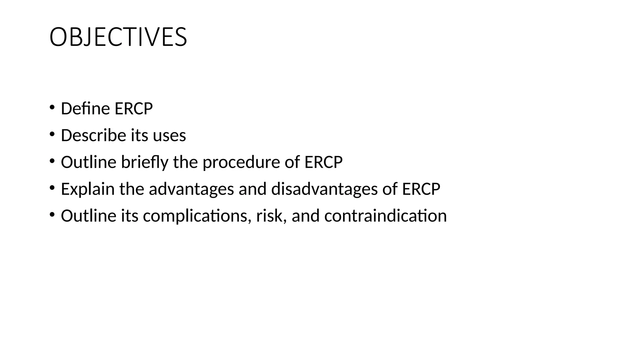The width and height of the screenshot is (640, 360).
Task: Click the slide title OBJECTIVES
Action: click(x=118, y=37)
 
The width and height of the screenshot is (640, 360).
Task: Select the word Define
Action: click(x=85, y=109)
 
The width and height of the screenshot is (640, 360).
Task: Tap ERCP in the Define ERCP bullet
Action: click(x=133, y=109)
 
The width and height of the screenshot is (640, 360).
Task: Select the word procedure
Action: click(x=241, y=162)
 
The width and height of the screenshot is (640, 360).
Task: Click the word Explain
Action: click(x=88, y=189)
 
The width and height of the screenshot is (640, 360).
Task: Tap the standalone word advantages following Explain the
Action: click(x=191, y=189)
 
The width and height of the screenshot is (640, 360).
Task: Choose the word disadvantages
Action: click(x=324, y=189)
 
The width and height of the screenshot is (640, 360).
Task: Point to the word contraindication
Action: click(x=385, y=216)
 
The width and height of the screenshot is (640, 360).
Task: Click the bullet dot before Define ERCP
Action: click(x=52, y=108)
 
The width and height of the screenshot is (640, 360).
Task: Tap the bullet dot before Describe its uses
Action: click(x=52, y=135)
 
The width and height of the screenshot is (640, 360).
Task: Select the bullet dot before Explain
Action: click(x=52, y=188)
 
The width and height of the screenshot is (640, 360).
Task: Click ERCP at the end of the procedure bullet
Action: click(x=323, y=162)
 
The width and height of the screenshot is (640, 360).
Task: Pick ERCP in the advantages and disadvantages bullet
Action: click(x=421, y=189)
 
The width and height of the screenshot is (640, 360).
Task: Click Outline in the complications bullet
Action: click(x=88, y=216)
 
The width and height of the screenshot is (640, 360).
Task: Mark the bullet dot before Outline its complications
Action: click(x=52, y=215)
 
